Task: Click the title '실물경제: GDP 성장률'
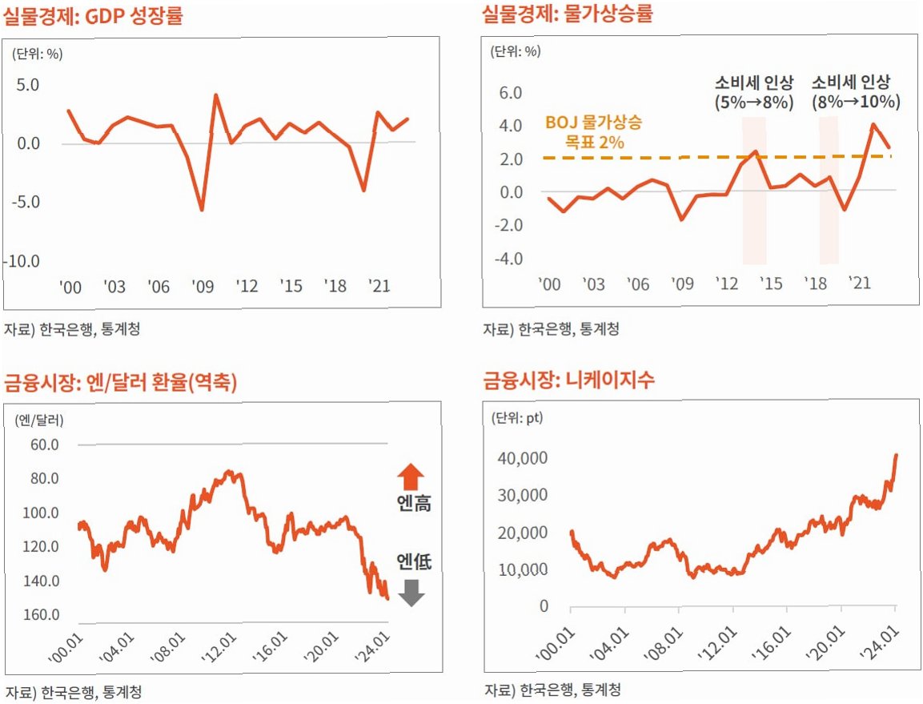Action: pyautogui.click(x=93, y=15)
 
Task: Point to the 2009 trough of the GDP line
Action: pyautogui.click(x=201, y=210)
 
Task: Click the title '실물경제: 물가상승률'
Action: pyautogui.click(x=568, y=14)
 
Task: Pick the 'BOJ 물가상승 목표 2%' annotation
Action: pyautogui.click(x=593, y=132)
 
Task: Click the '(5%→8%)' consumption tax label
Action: pyautogui.click(x=753, y=103)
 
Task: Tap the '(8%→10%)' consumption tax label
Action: pyautogui.click(x=856, y=103)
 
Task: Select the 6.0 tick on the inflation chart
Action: pyautogui.click(x=511, y=93)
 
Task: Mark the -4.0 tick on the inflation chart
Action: pyautogui.click(x=508, y=259)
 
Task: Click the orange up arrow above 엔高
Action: pyautogui.click(x=411, y=477)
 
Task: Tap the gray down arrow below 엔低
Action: pyautogui.click(x=411, y=592)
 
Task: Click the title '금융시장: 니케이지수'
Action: pyautogui.click(x=568, y=380)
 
